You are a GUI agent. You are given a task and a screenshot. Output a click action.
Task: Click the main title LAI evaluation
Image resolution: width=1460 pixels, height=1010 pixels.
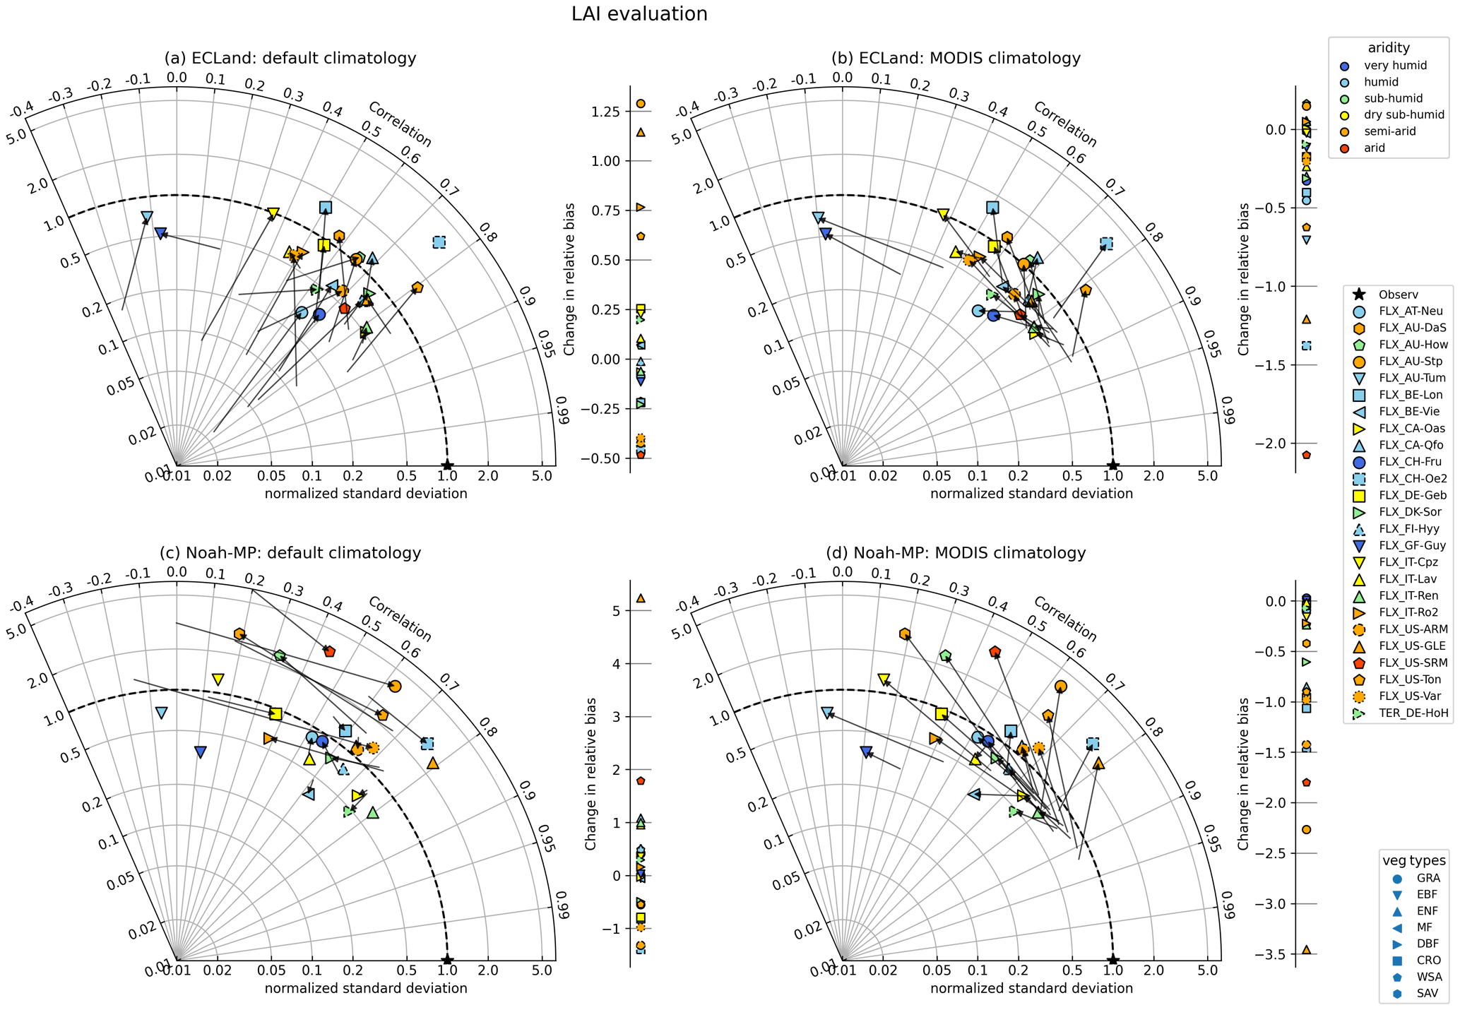[x=639, y=14]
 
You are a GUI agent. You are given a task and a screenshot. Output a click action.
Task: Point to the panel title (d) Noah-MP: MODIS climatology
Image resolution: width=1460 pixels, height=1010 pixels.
[x=956, y=552]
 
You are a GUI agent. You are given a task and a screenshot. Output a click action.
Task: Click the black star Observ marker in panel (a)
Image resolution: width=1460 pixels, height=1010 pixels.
[x=447, y=465]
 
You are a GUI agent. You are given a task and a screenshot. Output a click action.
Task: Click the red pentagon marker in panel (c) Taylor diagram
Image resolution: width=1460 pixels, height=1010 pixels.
[x=329, y=651]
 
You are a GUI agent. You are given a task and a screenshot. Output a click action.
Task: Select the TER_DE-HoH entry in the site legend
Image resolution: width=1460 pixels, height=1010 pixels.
[x=1401, y=713]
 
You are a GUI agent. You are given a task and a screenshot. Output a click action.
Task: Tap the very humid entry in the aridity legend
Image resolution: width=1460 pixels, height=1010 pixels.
[x=1379, y=66]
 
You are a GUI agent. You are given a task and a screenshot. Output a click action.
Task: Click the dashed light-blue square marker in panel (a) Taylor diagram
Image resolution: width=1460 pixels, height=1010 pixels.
[x=439, y=242]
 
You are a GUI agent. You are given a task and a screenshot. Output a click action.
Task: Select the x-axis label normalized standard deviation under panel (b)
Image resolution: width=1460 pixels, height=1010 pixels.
[x=1031, y=494]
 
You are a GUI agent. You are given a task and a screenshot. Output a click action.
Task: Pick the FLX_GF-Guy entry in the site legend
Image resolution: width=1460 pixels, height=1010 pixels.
[x=1401, y=545]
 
